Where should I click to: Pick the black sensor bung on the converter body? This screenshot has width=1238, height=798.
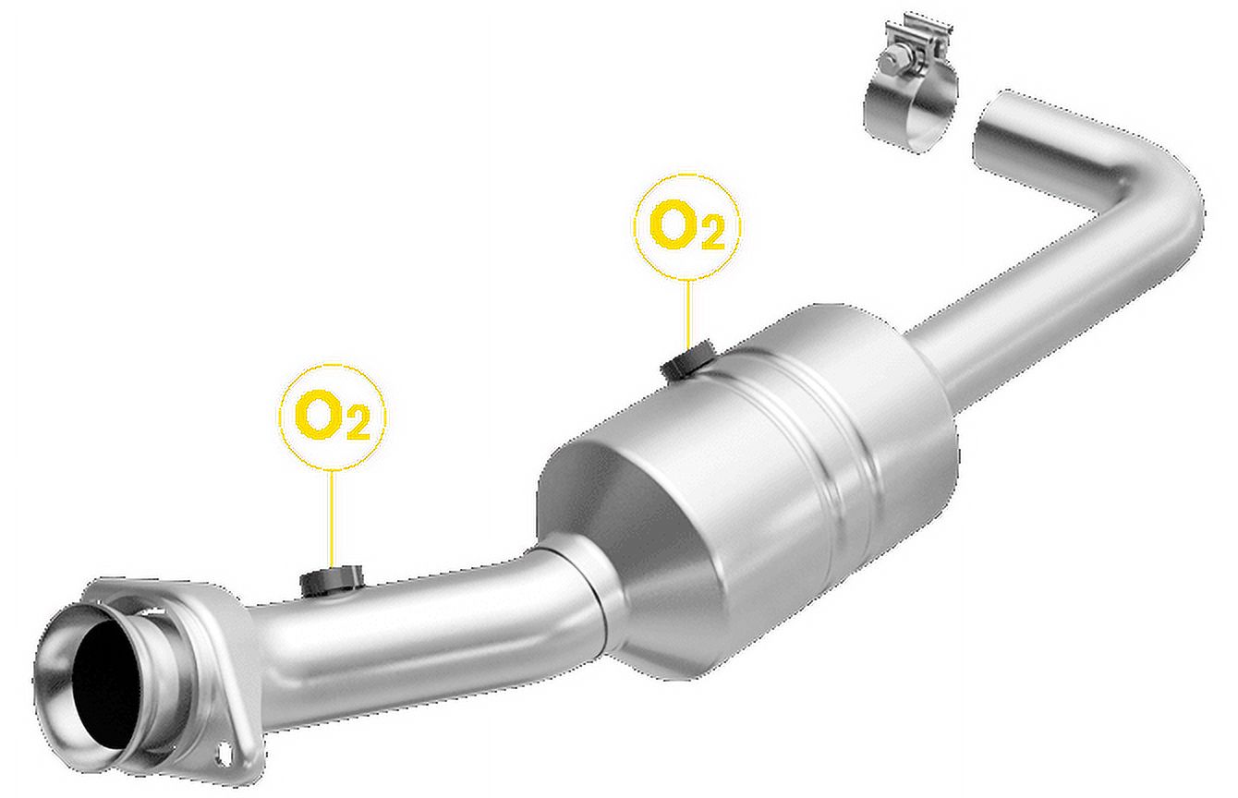click(688, 359)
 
